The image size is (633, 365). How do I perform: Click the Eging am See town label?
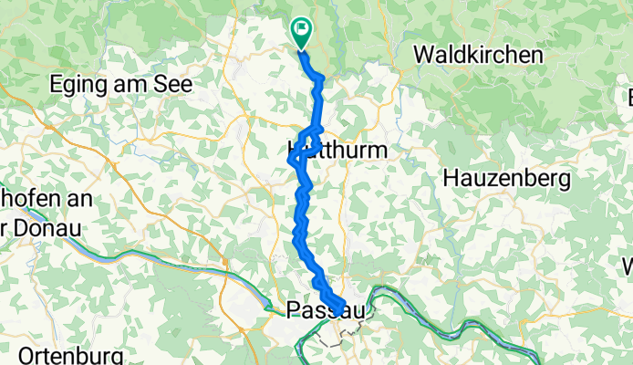click(x=121, y=83)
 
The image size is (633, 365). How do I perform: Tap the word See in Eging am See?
click(x=173, y=83)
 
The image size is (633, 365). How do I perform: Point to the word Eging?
click(x=77, y=83)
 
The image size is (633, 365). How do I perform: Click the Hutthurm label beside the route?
click(x=337, y=148)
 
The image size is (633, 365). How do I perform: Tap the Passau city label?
click(x=325, y=310)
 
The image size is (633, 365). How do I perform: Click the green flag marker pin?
click(x=301, y=31)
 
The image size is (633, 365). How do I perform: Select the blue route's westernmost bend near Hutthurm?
click(x=292, y=160)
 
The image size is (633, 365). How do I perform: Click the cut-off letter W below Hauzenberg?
click(x=628, y=266)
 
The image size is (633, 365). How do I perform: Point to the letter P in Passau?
click(x=294, y=310)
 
